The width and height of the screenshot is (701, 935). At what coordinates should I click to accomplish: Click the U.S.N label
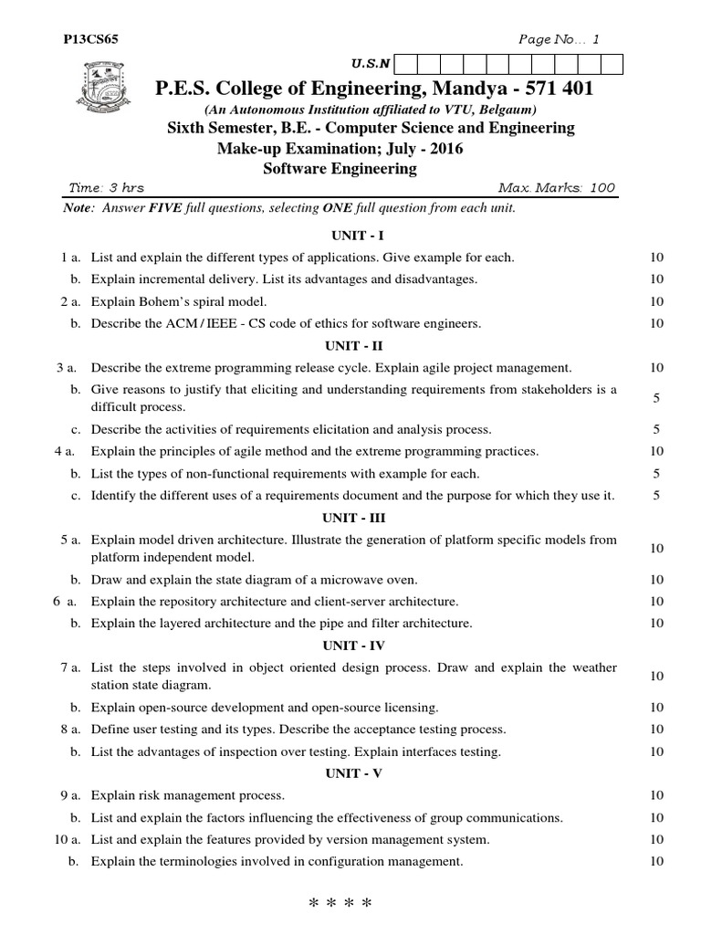[371, 64]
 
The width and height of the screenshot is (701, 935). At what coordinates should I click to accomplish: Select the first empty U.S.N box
[406, 64]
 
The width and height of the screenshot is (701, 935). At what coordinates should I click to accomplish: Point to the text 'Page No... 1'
[559, 39]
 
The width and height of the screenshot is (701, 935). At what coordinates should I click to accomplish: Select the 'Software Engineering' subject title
[340, 168]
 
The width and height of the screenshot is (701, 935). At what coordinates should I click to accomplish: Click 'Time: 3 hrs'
[107, 188]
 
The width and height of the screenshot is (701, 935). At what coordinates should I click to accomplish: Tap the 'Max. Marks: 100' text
[557, 188]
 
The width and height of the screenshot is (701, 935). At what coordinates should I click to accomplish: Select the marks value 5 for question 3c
[656, 429]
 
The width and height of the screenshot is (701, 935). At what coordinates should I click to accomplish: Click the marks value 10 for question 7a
[656, 676]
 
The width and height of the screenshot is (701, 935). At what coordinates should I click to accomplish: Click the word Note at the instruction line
[79, 208]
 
